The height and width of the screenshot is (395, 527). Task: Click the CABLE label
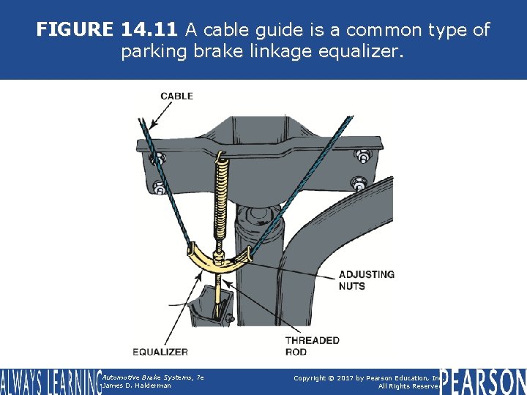tap(176, 96)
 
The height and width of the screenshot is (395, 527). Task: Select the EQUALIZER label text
tap(160, 352)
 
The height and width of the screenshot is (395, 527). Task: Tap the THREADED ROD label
tap(312, 346)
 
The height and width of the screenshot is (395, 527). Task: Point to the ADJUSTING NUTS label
tap(366, 280)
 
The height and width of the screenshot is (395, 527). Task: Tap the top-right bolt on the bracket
tap(361, 156)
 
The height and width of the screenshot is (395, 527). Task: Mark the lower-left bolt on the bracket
tap(156, 184)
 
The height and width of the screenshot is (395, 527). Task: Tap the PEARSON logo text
tap(484, 380)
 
